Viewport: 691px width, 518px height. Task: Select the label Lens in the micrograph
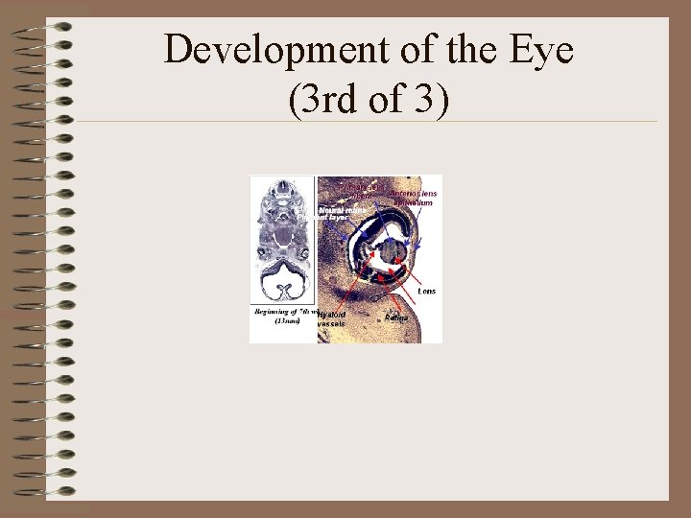click(426, 291)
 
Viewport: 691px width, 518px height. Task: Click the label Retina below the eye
click(396, 318)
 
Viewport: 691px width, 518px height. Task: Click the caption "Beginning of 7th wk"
click(284, 312)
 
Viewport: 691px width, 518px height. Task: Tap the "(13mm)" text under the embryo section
click(288, 321)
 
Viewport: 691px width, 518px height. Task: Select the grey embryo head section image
click(283, 240)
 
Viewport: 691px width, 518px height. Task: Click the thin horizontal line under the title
click(365, 122)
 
